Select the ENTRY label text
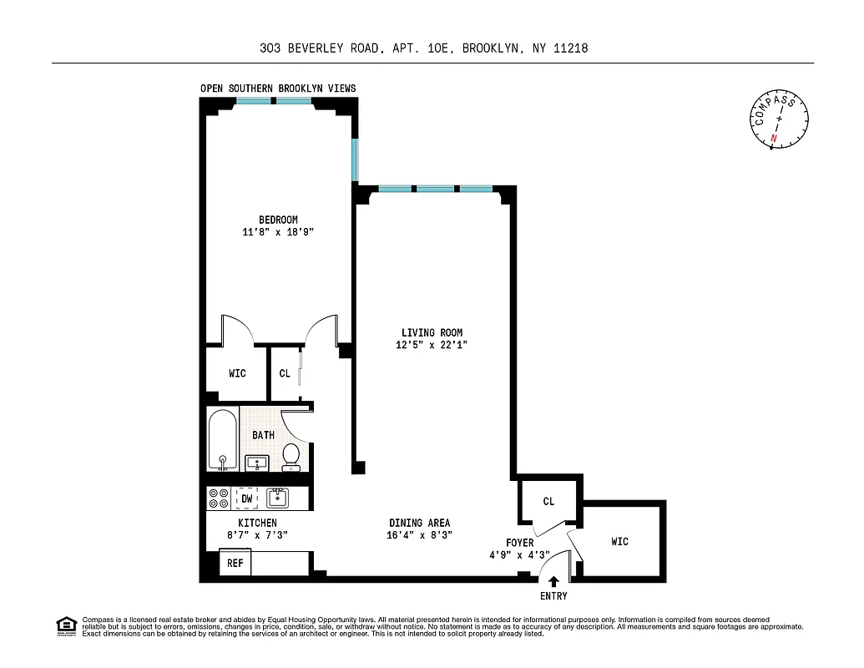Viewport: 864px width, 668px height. [553, 596]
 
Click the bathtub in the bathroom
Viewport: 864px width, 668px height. [223, 440]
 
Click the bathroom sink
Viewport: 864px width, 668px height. [255, 461]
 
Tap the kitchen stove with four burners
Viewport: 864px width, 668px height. [219, 498]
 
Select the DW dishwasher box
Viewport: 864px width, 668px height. [246, 498]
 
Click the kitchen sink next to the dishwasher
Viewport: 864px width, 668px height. [277, 498]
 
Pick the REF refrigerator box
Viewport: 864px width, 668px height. [235, 564]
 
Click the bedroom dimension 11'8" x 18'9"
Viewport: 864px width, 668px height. [277, 233]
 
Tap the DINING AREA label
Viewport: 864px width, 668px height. [418, 523]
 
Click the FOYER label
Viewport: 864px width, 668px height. [519, 543]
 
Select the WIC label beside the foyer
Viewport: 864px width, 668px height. [619, 542]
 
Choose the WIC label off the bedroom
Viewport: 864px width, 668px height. [237, 373]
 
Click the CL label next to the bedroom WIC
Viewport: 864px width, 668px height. [285, 373]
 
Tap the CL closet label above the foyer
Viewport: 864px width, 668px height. [548, 502]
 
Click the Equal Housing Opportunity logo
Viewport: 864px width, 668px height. [65, 625]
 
